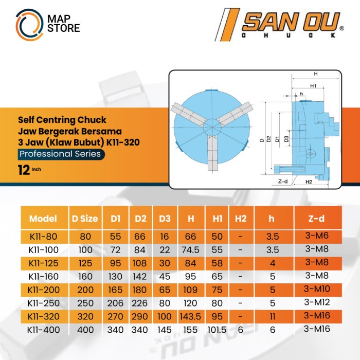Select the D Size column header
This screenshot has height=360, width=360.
84,219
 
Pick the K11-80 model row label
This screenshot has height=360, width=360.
43,238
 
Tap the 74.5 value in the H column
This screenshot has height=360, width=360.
190,249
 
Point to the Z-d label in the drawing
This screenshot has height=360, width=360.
282,182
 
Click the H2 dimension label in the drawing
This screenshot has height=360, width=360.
309,182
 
